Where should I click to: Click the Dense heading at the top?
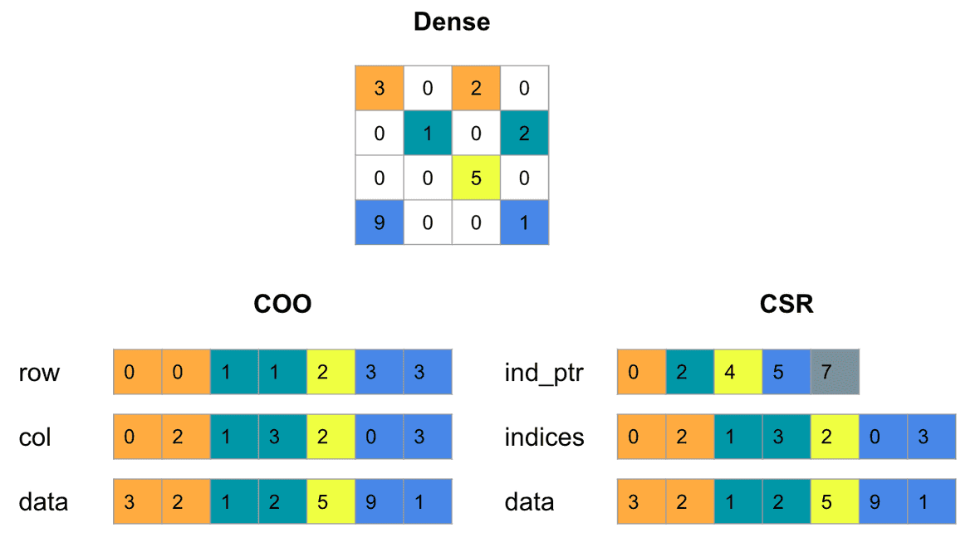pos(452,22)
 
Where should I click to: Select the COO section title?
pos(282,305)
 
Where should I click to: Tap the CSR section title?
pos(786,305)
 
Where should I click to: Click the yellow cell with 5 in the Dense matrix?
pos(476,178)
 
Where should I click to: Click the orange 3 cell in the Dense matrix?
pos(380,88)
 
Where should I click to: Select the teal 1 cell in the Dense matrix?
pos(428,133)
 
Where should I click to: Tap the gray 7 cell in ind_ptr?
pos(835,372)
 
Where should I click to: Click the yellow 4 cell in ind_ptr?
pos(738,372)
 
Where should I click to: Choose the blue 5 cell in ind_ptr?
pos(786,372)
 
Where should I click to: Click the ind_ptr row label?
pos(544,373)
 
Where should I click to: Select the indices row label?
pos(544,437)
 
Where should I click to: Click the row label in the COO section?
pos(39,373)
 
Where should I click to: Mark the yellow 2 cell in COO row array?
pos(331,372)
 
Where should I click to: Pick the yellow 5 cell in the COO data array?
pos(331,502)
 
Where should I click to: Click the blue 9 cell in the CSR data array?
pos(883,502)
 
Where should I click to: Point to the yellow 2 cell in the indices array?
pos(835,437)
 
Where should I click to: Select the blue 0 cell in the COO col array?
pos(379,437)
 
